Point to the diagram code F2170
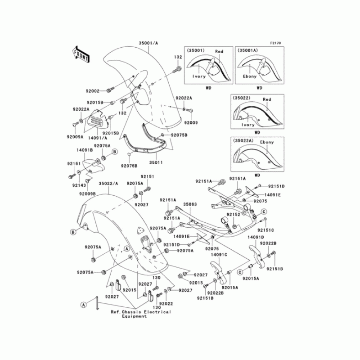(275, 43)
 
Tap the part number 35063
(189, 204)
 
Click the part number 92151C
(266, 230)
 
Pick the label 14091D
(255, 237)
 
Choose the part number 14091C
(219, 254)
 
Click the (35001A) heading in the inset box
(247, 51)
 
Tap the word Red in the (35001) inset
(219, 52)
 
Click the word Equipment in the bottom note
(135, 316)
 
